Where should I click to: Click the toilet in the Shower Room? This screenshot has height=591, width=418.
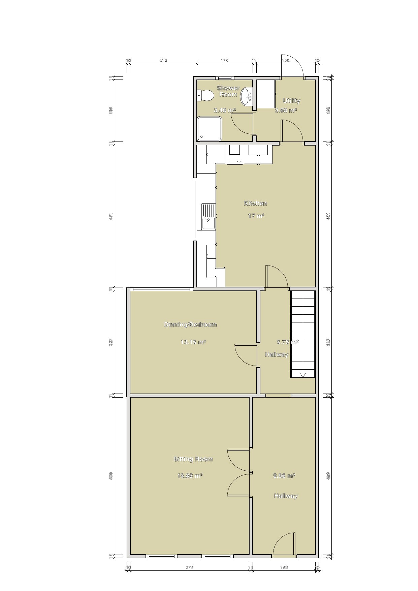(x=205, y=95)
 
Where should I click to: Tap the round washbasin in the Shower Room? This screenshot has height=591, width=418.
(x=247, y=96)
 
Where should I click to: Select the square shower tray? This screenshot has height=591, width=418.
(x=210, y=129)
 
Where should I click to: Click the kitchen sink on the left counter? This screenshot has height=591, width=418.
(x=208, y=216)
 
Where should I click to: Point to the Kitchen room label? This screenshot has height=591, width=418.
(x=255, y=203)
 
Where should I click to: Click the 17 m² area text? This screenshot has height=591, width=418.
(x=256, y=216)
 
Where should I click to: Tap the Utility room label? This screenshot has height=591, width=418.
(x=291, y=101)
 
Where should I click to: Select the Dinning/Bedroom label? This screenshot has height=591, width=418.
(x=190, y=324)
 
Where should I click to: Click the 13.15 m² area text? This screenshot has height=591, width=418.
(x=193, y=342)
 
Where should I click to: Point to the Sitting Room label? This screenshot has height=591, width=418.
(x=193, y=459)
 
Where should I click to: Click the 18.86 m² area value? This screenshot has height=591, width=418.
(x=190, y=476)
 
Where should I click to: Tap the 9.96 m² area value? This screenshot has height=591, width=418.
(x=284, y=476)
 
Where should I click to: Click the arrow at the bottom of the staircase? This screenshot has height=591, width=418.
(x=302, y=374)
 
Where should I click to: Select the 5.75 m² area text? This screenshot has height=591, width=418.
(x=287, y=342)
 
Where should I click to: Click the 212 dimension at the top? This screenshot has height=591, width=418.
(x=163, y=61)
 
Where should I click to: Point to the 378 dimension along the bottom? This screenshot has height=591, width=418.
(x=190, y=567)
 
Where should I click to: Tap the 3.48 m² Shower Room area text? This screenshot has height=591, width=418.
(x=224, y=110)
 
